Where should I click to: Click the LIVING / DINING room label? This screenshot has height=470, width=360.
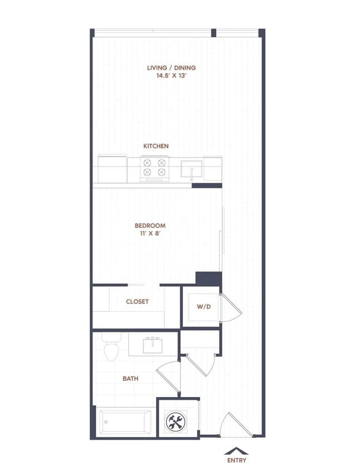pos(171,68)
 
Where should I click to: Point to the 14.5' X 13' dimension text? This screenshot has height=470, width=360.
pos(171,76)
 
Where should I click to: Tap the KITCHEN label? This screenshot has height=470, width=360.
pos(156,146)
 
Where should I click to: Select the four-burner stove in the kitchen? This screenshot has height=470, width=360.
pos(155,169)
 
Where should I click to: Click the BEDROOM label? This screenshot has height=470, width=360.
pos(150,226)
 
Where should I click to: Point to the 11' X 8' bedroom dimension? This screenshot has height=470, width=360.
pos(150,234)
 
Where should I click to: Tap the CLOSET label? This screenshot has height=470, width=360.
pos(137,302)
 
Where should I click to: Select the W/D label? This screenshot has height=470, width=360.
pos(203,306)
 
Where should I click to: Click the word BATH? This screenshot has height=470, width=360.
pos(130,379)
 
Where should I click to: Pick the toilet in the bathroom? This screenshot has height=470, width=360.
pos(111,349)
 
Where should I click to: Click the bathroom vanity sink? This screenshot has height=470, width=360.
pos(152,346)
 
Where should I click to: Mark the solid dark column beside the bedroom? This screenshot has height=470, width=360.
pos(210,278)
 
